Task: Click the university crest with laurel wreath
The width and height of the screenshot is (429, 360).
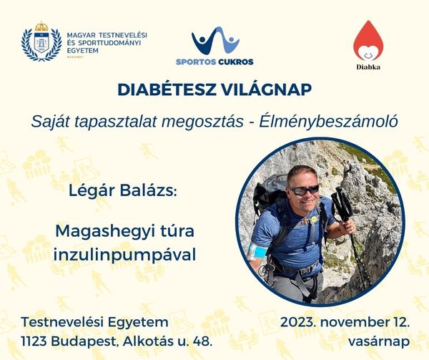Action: tap(41, 41)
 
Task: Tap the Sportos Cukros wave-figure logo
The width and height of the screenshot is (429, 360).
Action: tap(215, 40)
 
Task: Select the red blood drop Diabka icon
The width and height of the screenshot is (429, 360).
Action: tap(368, 41)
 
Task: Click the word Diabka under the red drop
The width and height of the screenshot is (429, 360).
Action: tap(368, 67)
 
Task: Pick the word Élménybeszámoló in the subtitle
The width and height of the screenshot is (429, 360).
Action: tap(329, 122)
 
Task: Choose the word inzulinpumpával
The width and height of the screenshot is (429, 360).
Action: tap(124, 255)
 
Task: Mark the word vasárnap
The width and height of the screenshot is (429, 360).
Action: tap(379, 341)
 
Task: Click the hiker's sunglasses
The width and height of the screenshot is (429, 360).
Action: tap(304, 190)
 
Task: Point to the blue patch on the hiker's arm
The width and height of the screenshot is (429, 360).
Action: tap(257, 250)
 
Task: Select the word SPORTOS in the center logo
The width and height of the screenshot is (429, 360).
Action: tap(196, 62)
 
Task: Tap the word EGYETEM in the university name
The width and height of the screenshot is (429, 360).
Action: tap(83, 50)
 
